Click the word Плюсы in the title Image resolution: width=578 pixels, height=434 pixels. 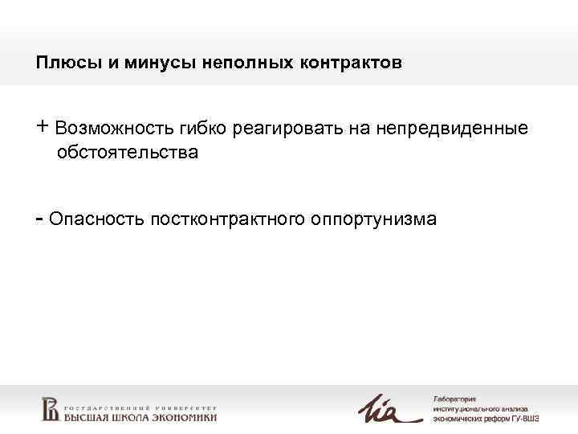point(59,63)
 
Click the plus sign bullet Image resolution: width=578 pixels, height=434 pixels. point(43,127)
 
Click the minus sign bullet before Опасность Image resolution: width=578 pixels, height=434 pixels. point(39,217)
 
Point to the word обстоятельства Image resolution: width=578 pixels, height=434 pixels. point(127,152)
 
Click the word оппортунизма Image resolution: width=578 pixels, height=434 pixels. point(372,219)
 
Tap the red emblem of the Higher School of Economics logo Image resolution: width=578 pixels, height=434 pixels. point(50,408)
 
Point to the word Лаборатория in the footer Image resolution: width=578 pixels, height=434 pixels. point(454,399)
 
